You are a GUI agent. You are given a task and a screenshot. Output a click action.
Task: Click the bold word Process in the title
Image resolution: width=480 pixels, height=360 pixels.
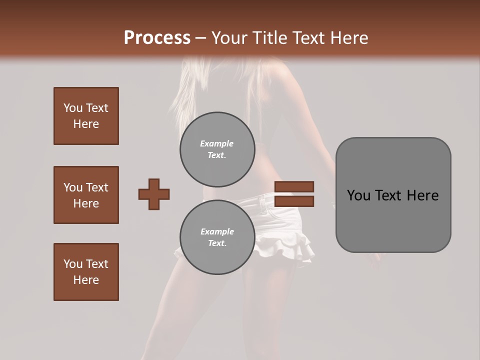[x=157, y=38]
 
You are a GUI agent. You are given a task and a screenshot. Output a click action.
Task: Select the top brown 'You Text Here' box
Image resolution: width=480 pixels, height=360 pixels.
[x=86, y=116]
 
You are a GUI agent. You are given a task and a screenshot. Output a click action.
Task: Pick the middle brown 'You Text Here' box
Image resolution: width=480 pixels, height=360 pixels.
[x=86, y=195]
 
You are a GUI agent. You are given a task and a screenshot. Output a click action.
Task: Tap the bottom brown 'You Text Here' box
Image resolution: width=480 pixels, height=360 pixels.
[x=86, y=272]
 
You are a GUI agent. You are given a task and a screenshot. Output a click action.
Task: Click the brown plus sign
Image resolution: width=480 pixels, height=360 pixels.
[x=154, y=194]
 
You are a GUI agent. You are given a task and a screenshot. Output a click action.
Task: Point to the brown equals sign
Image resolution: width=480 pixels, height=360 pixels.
[x=294, y=194]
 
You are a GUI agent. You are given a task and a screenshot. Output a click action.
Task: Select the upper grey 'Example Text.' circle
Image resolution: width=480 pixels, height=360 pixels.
[x=217, y=149]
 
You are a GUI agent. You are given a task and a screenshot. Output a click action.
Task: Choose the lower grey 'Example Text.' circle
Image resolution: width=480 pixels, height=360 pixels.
[x=217, y=237]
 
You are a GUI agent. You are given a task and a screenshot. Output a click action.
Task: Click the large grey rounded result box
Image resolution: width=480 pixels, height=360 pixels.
[x=393, y=195]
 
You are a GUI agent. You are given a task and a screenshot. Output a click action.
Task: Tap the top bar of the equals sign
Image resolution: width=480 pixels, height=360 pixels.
[x=294, y=187]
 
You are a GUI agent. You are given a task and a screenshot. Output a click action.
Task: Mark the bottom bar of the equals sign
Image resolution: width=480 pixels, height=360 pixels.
[x=294, y=201]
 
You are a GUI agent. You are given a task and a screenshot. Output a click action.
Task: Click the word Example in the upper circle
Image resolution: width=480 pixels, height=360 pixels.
[x=217, y=143]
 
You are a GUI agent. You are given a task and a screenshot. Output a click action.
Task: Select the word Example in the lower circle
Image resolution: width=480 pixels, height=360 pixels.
[x=217, y=231]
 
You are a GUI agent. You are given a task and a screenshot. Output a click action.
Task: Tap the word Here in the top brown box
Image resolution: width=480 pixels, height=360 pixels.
[x=86, y=124]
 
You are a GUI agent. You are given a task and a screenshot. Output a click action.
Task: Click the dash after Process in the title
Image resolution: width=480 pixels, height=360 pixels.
[x=201, y=38]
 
